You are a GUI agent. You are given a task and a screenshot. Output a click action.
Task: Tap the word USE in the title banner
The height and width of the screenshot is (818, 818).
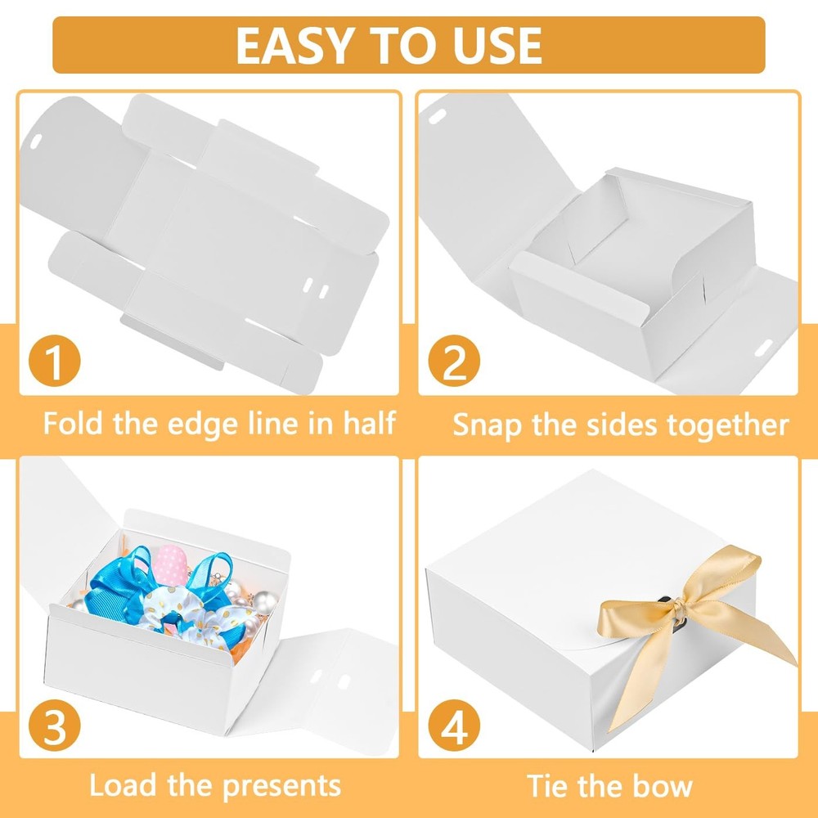pyautogui.click(x=497, y=45)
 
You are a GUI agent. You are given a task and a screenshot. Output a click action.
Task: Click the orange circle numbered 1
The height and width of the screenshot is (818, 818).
pyautogui.click(x=54, y=361)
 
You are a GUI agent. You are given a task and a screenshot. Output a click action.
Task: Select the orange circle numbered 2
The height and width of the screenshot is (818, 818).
pyautogui.click(x=454, y=361)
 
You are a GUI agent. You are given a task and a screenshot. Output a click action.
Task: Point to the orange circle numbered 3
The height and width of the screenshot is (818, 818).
pyautogui.click(x=54, y=725)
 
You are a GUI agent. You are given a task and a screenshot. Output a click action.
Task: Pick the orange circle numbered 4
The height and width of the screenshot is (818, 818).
pyautogui.click(x=454, y=725)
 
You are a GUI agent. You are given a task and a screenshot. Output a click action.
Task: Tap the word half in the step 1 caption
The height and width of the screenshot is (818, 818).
pyautogui.click(x=370, y=423)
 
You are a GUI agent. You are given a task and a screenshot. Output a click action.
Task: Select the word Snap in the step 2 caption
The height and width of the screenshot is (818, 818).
pyautogui.click(x=488, y=425)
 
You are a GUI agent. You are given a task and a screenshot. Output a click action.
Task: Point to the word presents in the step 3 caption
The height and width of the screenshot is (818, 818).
pyautogui.click(x=281, y=786)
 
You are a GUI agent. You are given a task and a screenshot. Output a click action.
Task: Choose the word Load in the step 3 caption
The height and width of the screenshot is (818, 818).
pyautogui.click(x=123, y=785)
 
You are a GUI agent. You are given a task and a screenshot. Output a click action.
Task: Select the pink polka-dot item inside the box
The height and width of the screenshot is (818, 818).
pyautogui.click(x=171, y=564)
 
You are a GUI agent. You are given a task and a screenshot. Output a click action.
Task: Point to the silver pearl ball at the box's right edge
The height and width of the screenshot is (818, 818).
pyautogui.click(x=265, y=603)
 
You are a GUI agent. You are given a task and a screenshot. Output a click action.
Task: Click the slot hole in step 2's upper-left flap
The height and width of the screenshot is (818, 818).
pyautogui.click(x=437, y=116)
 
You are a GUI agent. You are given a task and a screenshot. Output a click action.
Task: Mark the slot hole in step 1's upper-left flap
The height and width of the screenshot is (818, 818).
pyautogui.click(x=36, y=141)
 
